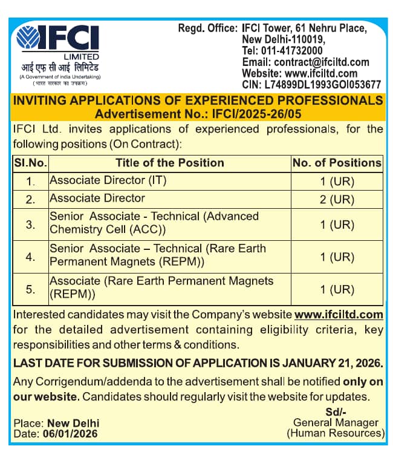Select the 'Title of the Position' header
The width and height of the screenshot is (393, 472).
170,163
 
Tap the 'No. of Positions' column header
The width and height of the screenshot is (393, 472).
337,163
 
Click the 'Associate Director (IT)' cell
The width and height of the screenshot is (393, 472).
108,180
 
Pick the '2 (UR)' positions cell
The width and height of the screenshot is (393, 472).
337,198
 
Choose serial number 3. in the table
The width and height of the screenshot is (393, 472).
31,225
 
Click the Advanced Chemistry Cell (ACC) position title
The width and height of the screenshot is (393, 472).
154,223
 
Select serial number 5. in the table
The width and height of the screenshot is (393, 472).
31,289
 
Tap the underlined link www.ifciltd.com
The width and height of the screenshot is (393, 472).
339,315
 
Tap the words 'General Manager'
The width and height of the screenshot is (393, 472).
336,423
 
